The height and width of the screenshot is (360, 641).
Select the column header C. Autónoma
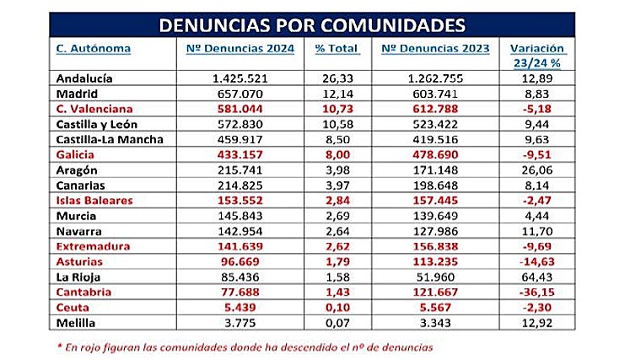tap(93, 48)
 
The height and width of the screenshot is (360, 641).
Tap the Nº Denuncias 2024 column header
tap(240, 48)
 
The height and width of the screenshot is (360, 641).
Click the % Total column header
tap(337, 48)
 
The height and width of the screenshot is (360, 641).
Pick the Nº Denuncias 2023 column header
tap(435, 48)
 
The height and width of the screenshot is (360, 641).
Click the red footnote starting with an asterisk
tap(243, 347)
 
